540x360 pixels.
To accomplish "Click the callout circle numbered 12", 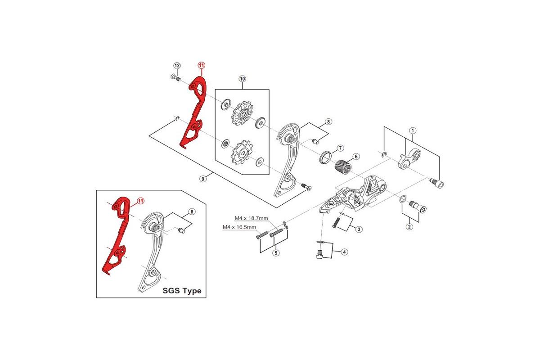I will point(177,66).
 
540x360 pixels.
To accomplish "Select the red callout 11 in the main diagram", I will point(201,66).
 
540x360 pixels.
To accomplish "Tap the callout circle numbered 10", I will point(242,79).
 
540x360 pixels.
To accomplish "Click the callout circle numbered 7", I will point(340,148).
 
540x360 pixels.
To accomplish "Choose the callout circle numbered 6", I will point(356,157).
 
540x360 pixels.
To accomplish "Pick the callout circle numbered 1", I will point(412,130).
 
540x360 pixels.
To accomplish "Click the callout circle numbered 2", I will point(409,226).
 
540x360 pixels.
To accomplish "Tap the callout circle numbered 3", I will point(359,229).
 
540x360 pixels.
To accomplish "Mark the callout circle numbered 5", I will point(275,253).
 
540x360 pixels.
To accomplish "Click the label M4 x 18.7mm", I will point(251,218).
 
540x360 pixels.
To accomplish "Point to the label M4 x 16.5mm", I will point(239,228).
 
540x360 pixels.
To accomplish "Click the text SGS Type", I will point(182,291).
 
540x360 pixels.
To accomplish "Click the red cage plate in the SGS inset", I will point(117,234).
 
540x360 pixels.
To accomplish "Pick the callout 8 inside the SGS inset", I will point(192,211).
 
